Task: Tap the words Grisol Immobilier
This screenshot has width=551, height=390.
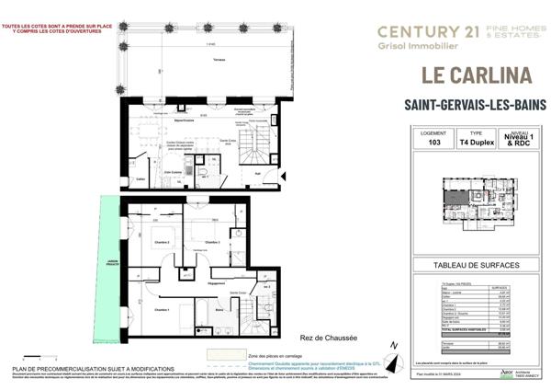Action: (x=411, y=46)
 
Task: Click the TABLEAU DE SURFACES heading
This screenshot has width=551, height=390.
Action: (x=476, y=266)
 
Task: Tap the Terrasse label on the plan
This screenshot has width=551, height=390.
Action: (x=219, y=60)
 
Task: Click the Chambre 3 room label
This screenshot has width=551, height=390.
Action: (x=212, y=242)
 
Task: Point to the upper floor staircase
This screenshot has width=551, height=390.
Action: (x=254, y=146)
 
